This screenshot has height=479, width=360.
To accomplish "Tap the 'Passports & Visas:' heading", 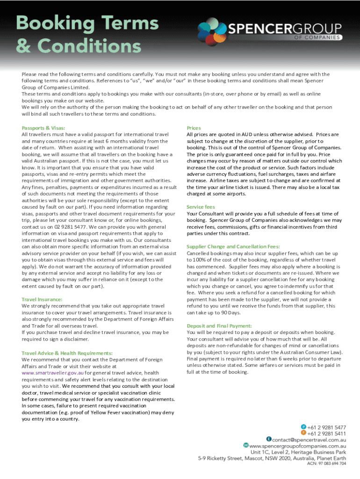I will tap(43, 128).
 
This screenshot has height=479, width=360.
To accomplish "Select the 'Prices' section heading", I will tap(194, 128).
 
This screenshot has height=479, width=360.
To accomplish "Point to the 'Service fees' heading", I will tap(201, 207).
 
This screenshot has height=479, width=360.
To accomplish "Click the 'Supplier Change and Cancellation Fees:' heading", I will tap(233, 247).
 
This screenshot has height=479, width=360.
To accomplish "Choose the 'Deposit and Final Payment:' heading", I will tap(219, 326).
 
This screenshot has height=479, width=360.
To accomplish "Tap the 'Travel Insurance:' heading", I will tap(42, 299).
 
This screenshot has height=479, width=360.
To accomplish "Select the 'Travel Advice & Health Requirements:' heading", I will tap(67, 353).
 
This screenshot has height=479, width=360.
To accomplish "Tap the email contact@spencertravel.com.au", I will tap(309, 440).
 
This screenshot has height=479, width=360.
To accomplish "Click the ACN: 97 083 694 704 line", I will tap(326, 464).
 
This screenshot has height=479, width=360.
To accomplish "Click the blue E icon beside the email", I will tap(269, 439).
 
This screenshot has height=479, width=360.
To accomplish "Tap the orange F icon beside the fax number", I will tap(303, 433).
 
